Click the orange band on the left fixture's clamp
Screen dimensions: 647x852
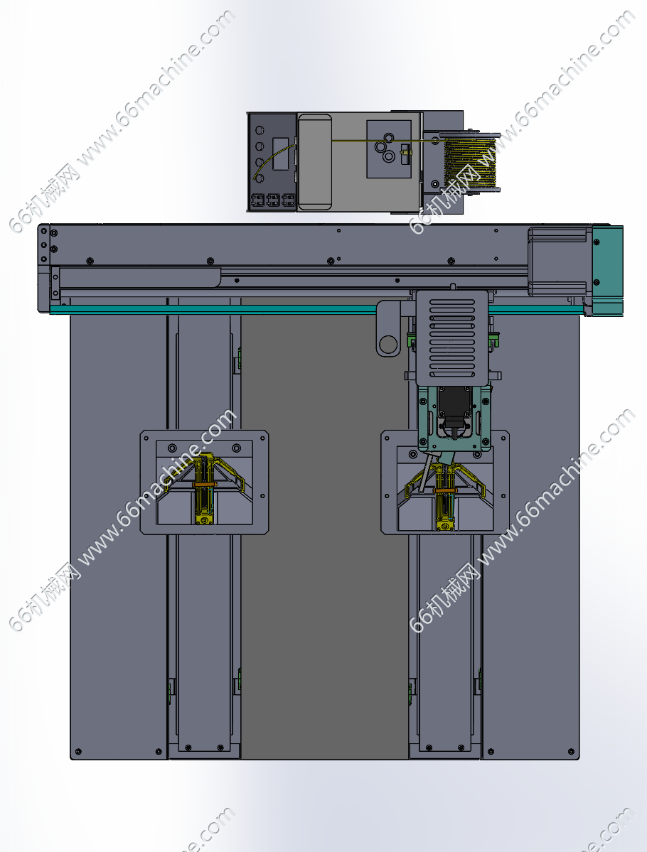(x=205, y=484)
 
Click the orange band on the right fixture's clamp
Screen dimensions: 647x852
(x=445, y=490)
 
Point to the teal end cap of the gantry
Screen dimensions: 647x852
(x=607, y=270)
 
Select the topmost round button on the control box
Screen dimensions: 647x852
(x=260, y=131)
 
